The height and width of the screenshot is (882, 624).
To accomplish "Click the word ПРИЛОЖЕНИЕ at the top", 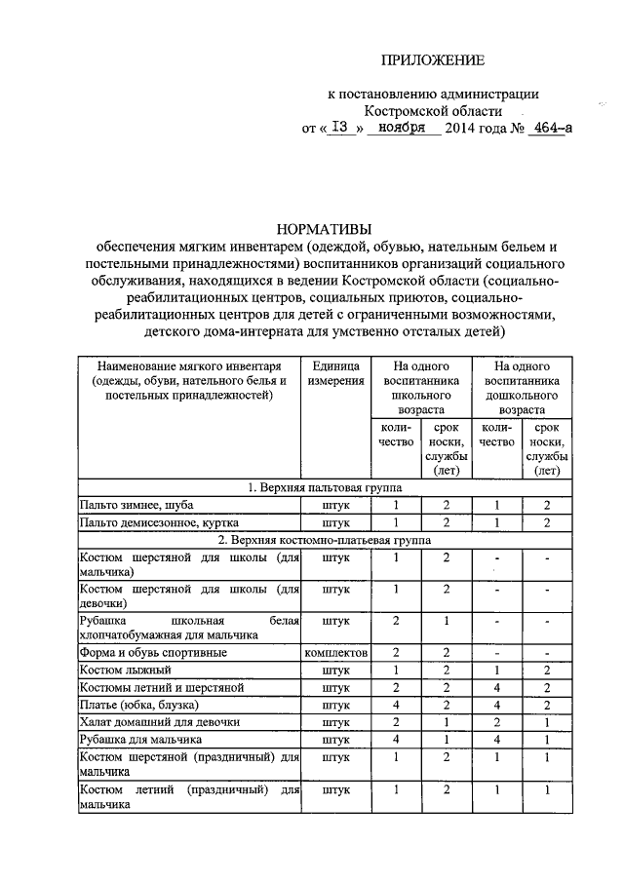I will coord(433,60).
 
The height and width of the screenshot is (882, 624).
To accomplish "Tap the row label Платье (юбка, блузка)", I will coord(138,705).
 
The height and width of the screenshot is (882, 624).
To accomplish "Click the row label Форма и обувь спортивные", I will coord(153,652).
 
